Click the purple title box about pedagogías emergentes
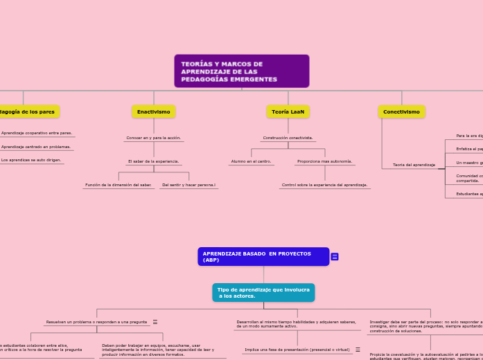pyautogui.click(x=241, y=71)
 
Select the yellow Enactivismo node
pyautogui.click(x=153, y=111)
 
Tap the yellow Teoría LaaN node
pyautogui.click(x=288, y=111)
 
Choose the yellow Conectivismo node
pyautogui.click(x=401, y=111)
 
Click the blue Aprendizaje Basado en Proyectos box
pyautogui.click(x=263, y=257)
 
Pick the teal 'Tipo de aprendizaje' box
pyautogui.click(x=263, y=293)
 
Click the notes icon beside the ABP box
pyautogui.click(x=335, y=257)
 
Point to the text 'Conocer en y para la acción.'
pyautogui.click(x=153, y=138)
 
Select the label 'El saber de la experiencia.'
pyautogui.click(x=153, y=161)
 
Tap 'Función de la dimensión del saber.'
pyautogui.click(x=118, y=185)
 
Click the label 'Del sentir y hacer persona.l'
pyautogui.click(x=188, y=185)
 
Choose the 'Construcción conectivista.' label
pyautogui.click(x=288, y=138)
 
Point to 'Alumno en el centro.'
pyautogui.click(x=251, y=161)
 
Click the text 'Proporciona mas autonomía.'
pyautogui.click(x=324, y=161)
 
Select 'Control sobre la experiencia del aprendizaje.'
pyautogui.click(x=324, y=185)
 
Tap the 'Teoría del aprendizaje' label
pyautogui.click(x=414, y=165)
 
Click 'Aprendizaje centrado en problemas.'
pyautogui.click(x=36, y=147)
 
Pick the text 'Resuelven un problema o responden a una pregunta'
pyautogui.click(x=96, y=322)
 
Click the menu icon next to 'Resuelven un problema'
pyautogui.click(x=155, y=322)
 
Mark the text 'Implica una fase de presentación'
pyautogui.click(x=297, y=350)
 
